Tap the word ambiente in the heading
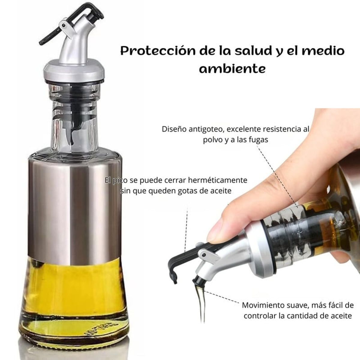(232, 69)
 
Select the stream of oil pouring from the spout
(199, 303)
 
